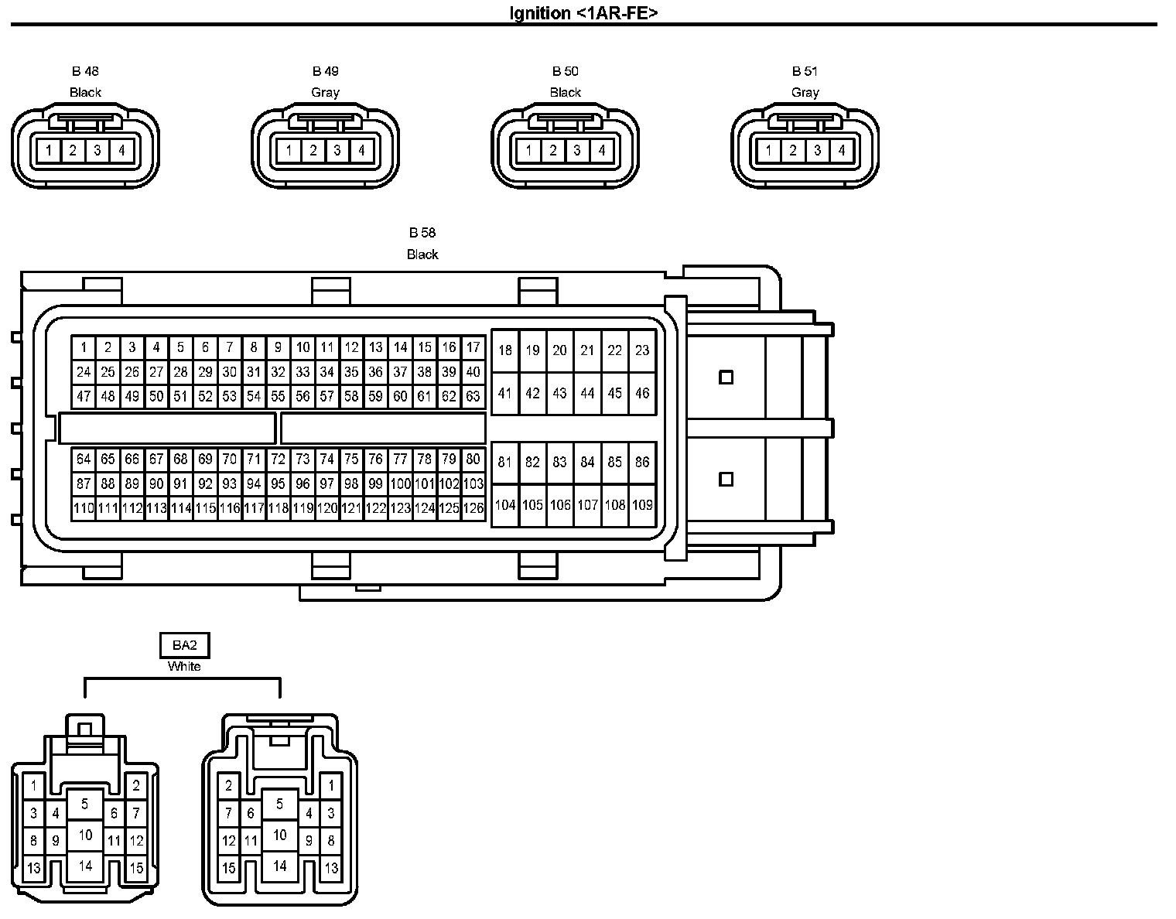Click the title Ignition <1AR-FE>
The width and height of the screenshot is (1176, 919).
[584, 13]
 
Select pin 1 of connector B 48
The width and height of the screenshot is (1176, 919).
[49, 150]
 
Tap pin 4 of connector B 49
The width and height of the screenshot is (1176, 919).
[361, 150]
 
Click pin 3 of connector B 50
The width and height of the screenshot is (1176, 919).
[577, 150]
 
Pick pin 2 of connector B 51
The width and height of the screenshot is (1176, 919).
[792, 150]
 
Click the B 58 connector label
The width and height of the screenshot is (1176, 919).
[422, 232]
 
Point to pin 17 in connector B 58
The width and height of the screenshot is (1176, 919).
[473, 347]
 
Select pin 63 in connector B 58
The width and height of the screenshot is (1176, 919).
[473, 397]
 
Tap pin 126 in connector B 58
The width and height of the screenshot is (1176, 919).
[473, 508]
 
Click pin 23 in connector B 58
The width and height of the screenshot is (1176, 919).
[642, 350]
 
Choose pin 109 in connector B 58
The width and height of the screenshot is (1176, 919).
[642, 505]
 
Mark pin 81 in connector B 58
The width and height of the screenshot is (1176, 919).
[504, 463]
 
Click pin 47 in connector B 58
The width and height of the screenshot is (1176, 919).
[84, 397]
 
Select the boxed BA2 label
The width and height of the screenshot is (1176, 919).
[184, 645]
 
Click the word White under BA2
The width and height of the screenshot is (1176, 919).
[184, 666]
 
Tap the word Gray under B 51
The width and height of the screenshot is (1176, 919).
[805, 92]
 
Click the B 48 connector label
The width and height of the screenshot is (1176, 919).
[85, 71]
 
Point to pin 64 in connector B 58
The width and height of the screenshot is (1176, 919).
[84, 459]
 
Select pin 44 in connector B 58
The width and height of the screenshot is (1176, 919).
[587, 393]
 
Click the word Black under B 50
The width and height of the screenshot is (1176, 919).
[565, 92]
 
